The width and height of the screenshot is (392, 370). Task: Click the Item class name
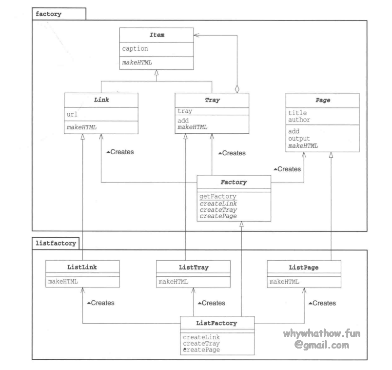[156, 36]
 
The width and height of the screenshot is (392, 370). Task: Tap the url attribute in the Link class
[72, 115]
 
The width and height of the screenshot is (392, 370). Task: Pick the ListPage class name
[303, 267]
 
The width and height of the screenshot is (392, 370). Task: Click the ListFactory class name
[217, 323]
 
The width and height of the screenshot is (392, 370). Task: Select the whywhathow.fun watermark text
[324, 334]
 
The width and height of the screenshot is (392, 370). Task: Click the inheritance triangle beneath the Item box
[156, 72]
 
